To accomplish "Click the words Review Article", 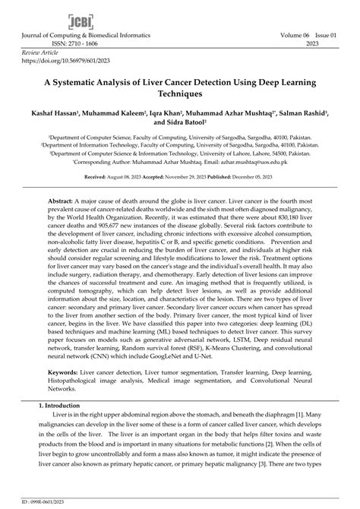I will pos(36,52).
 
